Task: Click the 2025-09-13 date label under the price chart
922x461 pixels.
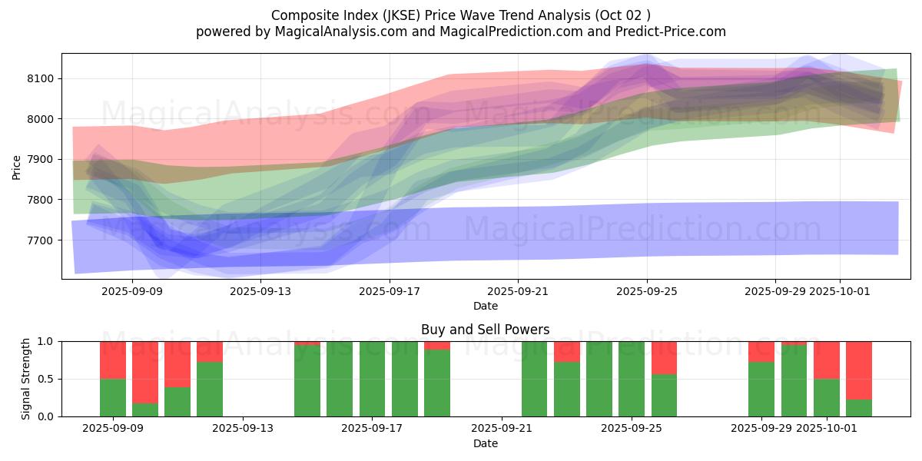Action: pos(261,291)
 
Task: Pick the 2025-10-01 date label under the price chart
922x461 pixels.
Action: pos(840,291)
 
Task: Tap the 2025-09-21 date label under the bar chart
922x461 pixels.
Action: pos(501,428)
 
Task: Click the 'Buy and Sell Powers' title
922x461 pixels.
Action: pos(485,330)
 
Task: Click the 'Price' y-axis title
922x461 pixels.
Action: pos(17,166)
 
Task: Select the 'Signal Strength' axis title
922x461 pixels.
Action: pos(25,379)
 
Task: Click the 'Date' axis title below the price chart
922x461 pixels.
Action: pos(485,306)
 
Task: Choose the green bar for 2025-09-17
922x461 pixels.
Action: pos(373,379)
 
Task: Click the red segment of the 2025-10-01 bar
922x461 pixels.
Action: pos(827,360)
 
